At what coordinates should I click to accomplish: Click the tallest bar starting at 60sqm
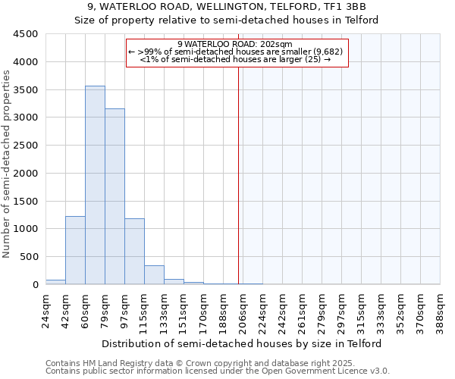95,185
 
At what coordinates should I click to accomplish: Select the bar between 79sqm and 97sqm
115,196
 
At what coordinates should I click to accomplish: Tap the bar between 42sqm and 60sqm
75,250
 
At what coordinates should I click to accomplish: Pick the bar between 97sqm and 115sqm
134,252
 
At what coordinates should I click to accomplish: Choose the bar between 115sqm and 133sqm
154,275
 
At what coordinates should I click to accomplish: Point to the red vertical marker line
239,174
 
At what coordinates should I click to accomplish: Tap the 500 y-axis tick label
28,257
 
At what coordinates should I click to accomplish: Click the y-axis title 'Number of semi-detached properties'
8,164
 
